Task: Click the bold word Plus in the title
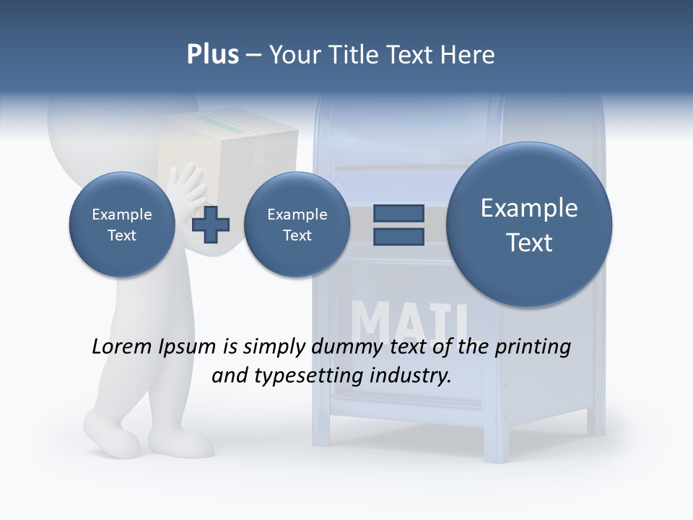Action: click(212, 54)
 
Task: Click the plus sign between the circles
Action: click(211, 225)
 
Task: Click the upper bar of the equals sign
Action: click(398, 213)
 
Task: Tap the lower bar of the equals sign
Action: click(398, 236)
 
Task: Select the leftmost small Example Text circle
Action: click(122, 225)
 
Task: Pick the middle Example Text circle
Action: click(297, 225)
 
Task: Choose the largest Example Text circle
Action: click(529, 225)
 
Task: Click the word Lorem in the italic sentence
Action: click(123, 347)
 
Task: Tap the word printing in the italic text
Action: click(533, 347)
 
